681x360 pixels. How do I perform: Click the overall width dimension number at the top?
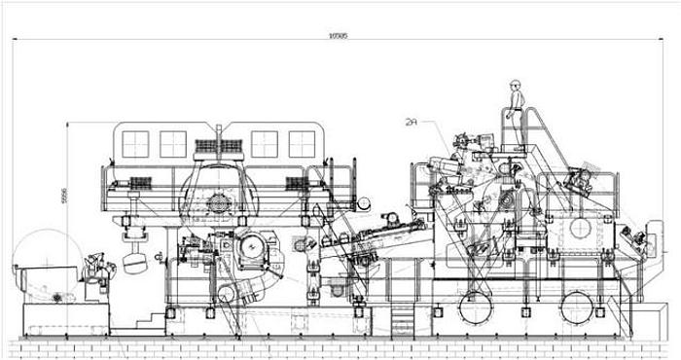pyautogui.click(x=339, y=35)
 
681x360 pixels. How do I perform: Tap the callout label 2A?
pyautogui.click(x=412, y=122)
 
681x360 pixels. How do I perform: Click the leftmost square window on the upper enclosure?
pyautogui.click(x=135, y=143)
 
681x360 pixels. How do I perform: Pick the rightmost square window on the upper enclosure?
pyautogui.click(x=302, y=143)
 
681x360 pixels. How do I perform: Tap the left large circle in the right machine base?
pyautogui.click(x=476, y=306)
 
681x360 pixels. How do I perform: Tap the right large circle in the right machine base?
pyautogui.click(x=577, y=306)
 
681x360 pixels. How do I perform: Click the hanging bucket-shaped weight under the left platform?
pyautogui.click(x=135, y=263)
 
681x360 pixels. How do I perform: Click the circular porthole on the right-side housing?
pyautogui.click(x=580, y=228)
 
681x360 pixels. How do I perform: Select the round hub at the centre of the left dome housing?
pyautogui.click(x=219, y=203)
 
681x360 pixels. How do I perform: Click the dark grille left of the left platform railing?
pyautogui.click(x=140, y=182)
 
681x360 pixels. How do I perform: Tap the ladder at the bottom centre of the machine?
pyautogui.click(x=402, y=320)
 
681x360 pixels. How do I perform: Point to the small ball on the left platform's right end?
pyautogui.click(x=364, y=203)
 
